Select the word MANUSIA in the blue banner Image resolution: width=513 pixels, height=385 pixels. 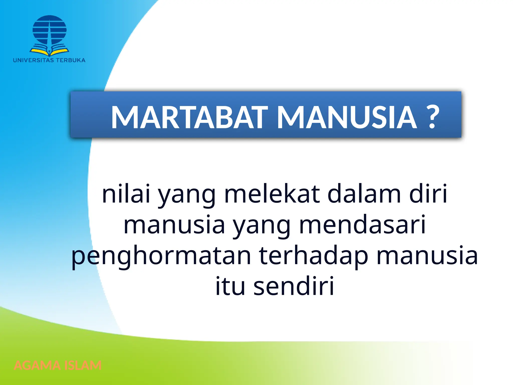[x=347, y=117]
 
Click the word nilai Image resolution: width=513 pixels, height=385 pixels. [x=126, y=194]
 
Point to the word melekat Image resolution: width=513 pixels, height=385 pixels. [x=272, y=194]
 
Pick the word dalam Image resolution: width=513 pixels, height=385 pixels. [x=364, y=194]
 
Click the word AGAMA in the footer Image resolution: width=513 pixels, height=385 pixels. [x=37, y=365]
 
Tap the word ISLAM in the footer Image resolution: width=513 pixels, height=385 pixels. [x=83, y=365]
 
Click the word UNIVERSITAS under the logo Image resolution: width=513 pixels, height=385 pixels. [x=33, y=60]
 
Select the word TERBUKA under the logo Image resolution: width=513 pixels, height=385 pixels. [x=71, y=60]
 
